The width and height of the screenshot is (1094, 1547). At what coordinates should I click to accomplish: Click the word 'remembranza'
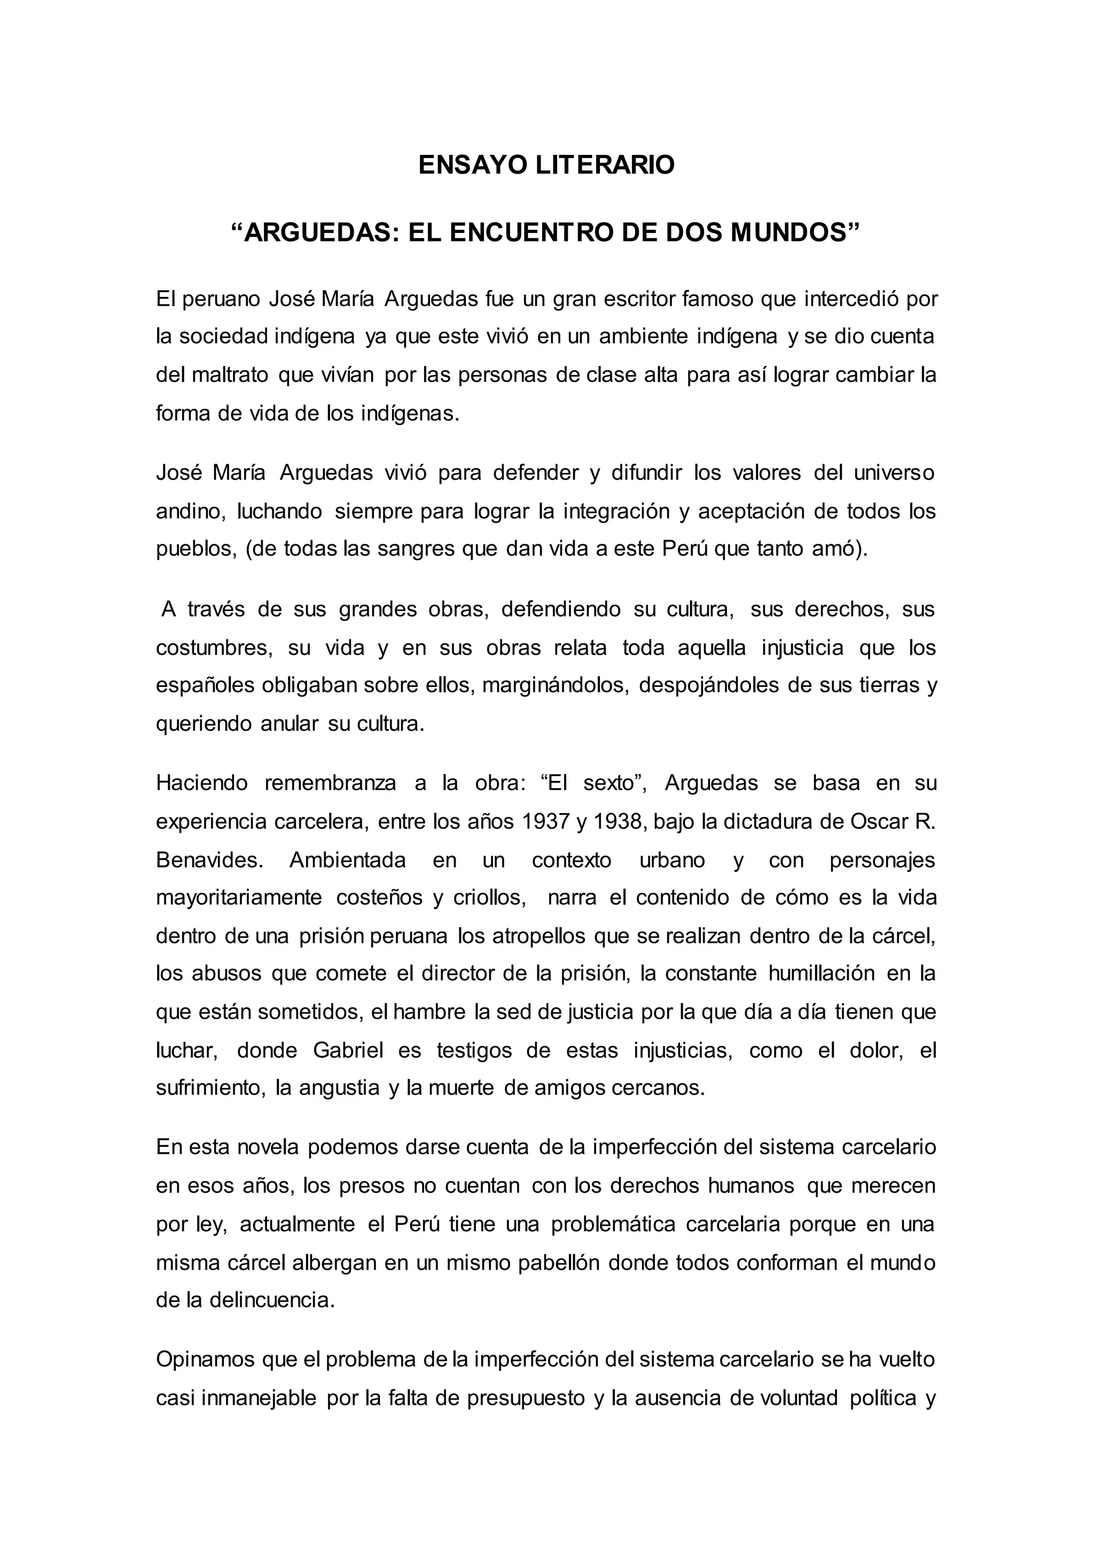coord(330,783)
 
